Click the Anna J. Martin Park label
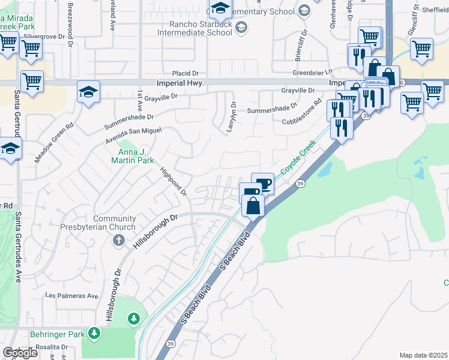coord(132,156)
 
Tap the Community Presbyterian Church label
coord(98,223)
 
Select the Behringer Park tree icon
coord(94,332)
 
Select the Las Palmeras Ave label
coord(72,296)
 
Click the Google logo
coord(20,353)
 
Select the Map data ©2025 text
coord(423,355)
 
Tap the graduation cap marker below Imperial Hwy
coord(88,93)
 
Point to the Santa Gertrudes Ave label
coord(19,246)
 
